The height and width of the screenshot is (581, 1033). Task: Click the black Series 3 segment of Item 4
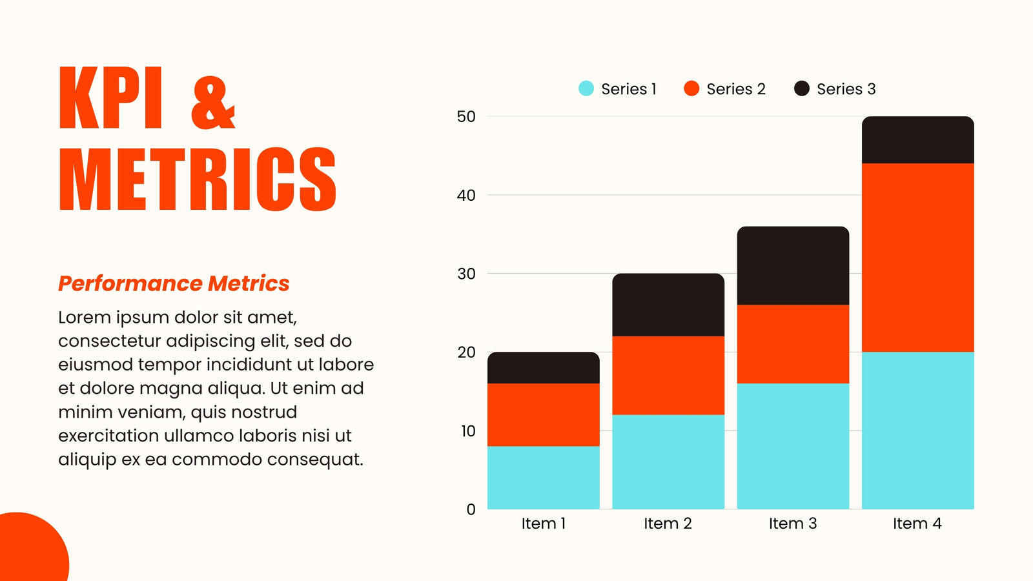click(917, 139)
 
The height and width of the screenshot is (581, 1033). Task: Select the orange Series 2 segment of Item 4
click(917, 258)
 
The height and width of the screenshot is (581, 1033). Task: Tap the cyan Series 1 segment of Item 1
click(543, 477)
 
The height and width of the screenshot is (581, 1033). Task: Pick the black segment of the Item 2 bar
click(668, 305)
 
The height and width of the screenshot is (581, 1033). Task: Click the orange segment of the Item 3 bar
click(793, 344)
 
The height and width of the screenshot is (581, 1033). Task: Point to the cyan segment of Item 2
click(668, 462)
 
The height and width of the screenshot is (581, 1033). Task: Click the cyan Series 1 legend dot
click(586, 88)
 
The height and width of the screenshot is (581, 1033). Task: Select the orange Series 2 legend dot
click(691, 88)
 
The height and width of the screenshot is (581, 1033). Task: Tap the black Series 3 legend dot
click(801, 88)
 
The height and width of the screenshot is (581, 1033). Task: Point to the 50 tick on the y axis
click(465, 116)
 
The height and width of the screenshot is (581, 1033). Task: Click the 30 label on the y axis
click(465, 274)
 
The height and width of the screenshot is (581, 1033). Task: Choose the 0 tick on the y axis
click(471, 509)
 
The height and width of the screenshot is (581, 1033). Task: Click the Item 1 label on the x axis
click(543, 524)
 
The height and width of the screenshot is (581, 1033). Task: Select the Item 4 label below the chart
click(917, 524)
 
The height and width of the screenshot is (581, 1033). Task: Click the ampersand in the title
click(213, 103)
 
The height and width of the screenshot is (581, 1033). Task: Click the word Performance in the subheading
click(130, 283)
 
